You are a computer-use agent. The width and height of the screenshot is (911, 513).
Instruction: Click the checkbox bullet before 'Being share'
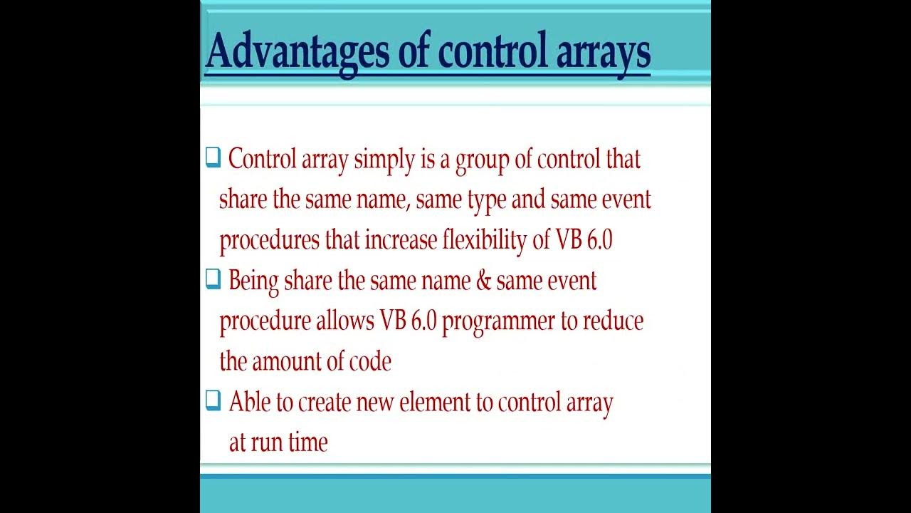[x=213, y=279]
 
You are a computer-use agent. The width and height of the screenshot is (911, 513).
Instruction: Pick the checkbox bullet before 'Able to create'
[x=213, y=401]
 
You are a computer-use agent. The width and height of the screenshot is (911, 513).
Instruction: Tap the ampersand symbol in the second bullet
[x=483, y=281]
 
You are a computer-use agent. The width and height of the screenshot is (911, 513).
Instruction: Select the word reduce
[x=613, y=321]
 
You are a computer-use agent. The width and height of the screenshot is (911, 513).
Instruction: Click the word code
[x=369, y=361]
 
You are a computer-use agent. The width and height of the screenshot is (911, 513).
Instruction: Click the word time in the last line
[x=308, y=442]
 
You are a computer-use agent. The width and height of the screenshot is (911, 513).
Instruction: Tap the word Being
[x=253, y=281]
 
